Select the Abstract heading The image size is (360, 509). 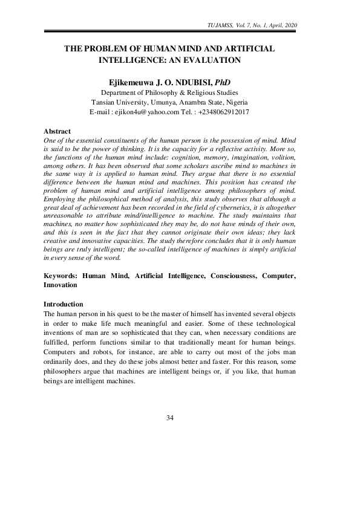pos(57,131)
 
